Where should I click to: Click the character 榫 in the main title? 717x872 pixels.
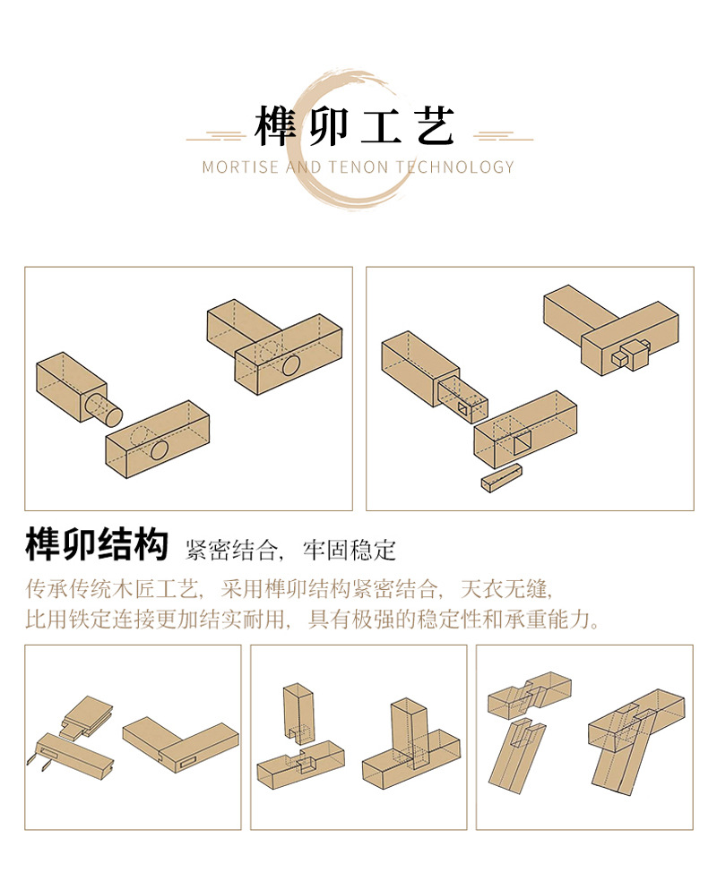click(x=276, y=126)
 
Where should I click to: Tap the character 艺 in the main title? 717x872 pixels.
click(x=435, y=126)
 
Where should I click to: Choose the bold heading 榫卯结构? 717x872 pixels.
click(x=97, y=545)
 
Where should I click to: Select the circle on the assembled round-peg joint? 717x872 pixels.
click(x=290, y=365)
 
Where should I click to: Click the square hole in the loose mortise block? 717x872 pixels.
click(x=520, y=441)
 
